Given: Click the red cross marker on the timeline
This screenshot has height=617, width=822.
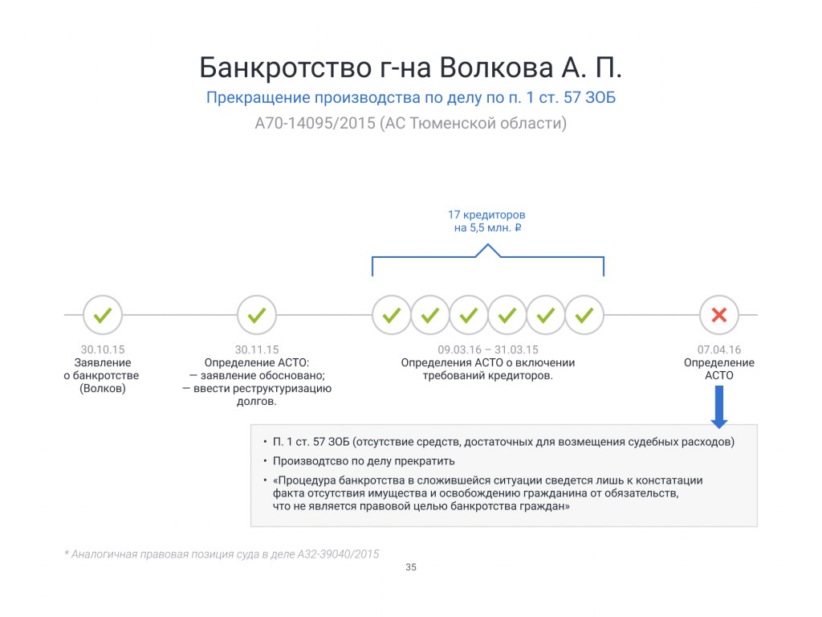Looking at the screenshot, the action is pos(718,315).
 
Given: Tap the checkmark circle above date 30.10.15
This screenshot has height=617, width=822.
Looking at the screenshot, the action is pos(102,315).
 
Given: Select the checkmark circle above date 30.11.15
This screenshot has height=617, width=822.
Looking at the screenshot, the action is pos(256,315).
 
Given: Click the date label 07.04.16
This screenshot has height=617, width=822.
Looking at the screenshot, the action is pos(718,349).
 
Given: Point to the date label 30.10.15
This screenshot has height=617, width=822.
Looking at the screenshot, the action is pos(102,349).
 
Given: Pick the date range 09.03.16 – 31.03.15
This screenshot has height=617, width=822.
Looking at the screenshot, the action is pos(487,349).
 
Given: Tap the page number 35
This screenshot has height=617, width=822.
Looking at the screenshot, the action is pos(411,567).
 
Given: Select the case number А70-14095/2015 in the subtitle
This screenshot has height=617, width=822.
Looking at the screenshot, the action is pos(315,123).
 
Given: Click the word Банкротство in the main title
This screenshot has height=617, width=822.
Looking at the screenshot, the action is pos(285,67).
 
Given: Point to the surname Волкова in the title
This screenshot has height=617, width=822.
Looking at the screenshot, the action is pos(496,67).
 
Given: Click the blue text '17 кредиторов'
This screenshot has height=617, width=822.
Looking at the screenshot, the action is pos(486,215).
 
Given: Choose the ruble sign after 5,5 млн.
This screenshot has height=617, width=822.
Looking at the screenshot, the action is pos(518,227).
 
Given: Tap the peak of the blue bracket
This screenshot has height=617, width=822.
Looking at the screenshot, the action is pos(488,244).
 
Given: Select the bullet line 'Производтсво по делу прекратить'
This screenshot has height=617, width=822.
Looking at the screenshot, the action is pos(364,461).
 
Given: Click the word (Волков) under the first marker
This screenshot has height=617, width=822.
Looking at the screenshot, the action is pos(102,388).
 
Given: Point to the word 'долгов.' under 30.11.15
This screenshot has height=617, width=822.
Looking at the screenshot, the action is pos(256,402).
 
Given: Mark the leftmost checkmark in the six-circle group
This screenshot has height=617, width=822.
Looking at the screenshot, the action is pos(391,315).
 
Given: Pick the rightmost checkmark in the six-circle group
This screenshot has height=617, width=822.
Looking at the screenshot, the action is pos(584,315).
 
